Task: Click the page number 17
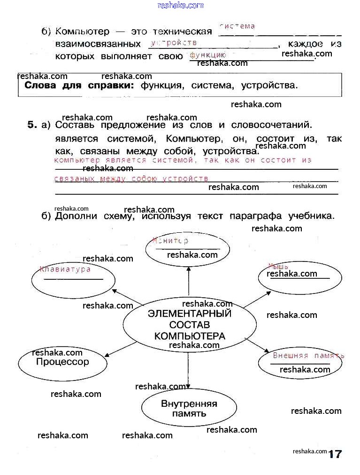(x=335, y=454)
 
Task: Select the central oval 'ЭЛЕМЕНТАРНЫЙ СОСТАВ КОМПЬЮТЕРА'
(x=190, y=325)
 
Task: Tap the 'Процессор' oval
(x=62, y=362)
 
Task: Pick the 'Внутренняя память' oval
(x=189, y=408)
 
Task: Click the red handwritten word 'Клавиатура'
(x=65, y=269)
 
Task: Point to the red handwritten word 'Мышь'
(x=278, y=266)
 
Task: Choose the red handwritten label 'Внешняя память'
(x=308, y=356)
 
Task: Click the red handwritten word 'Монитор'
(x=170, y=240)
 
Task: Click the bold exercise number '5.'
(x=32, y=125)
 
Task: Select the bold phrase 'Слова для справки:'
(x=79, y=86)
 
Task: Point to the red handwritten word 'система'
(x=237, y=26)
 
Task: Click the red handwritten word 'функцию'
(x=208, y=55)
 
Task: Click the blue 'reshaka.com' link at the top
(x=181, y=5)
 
